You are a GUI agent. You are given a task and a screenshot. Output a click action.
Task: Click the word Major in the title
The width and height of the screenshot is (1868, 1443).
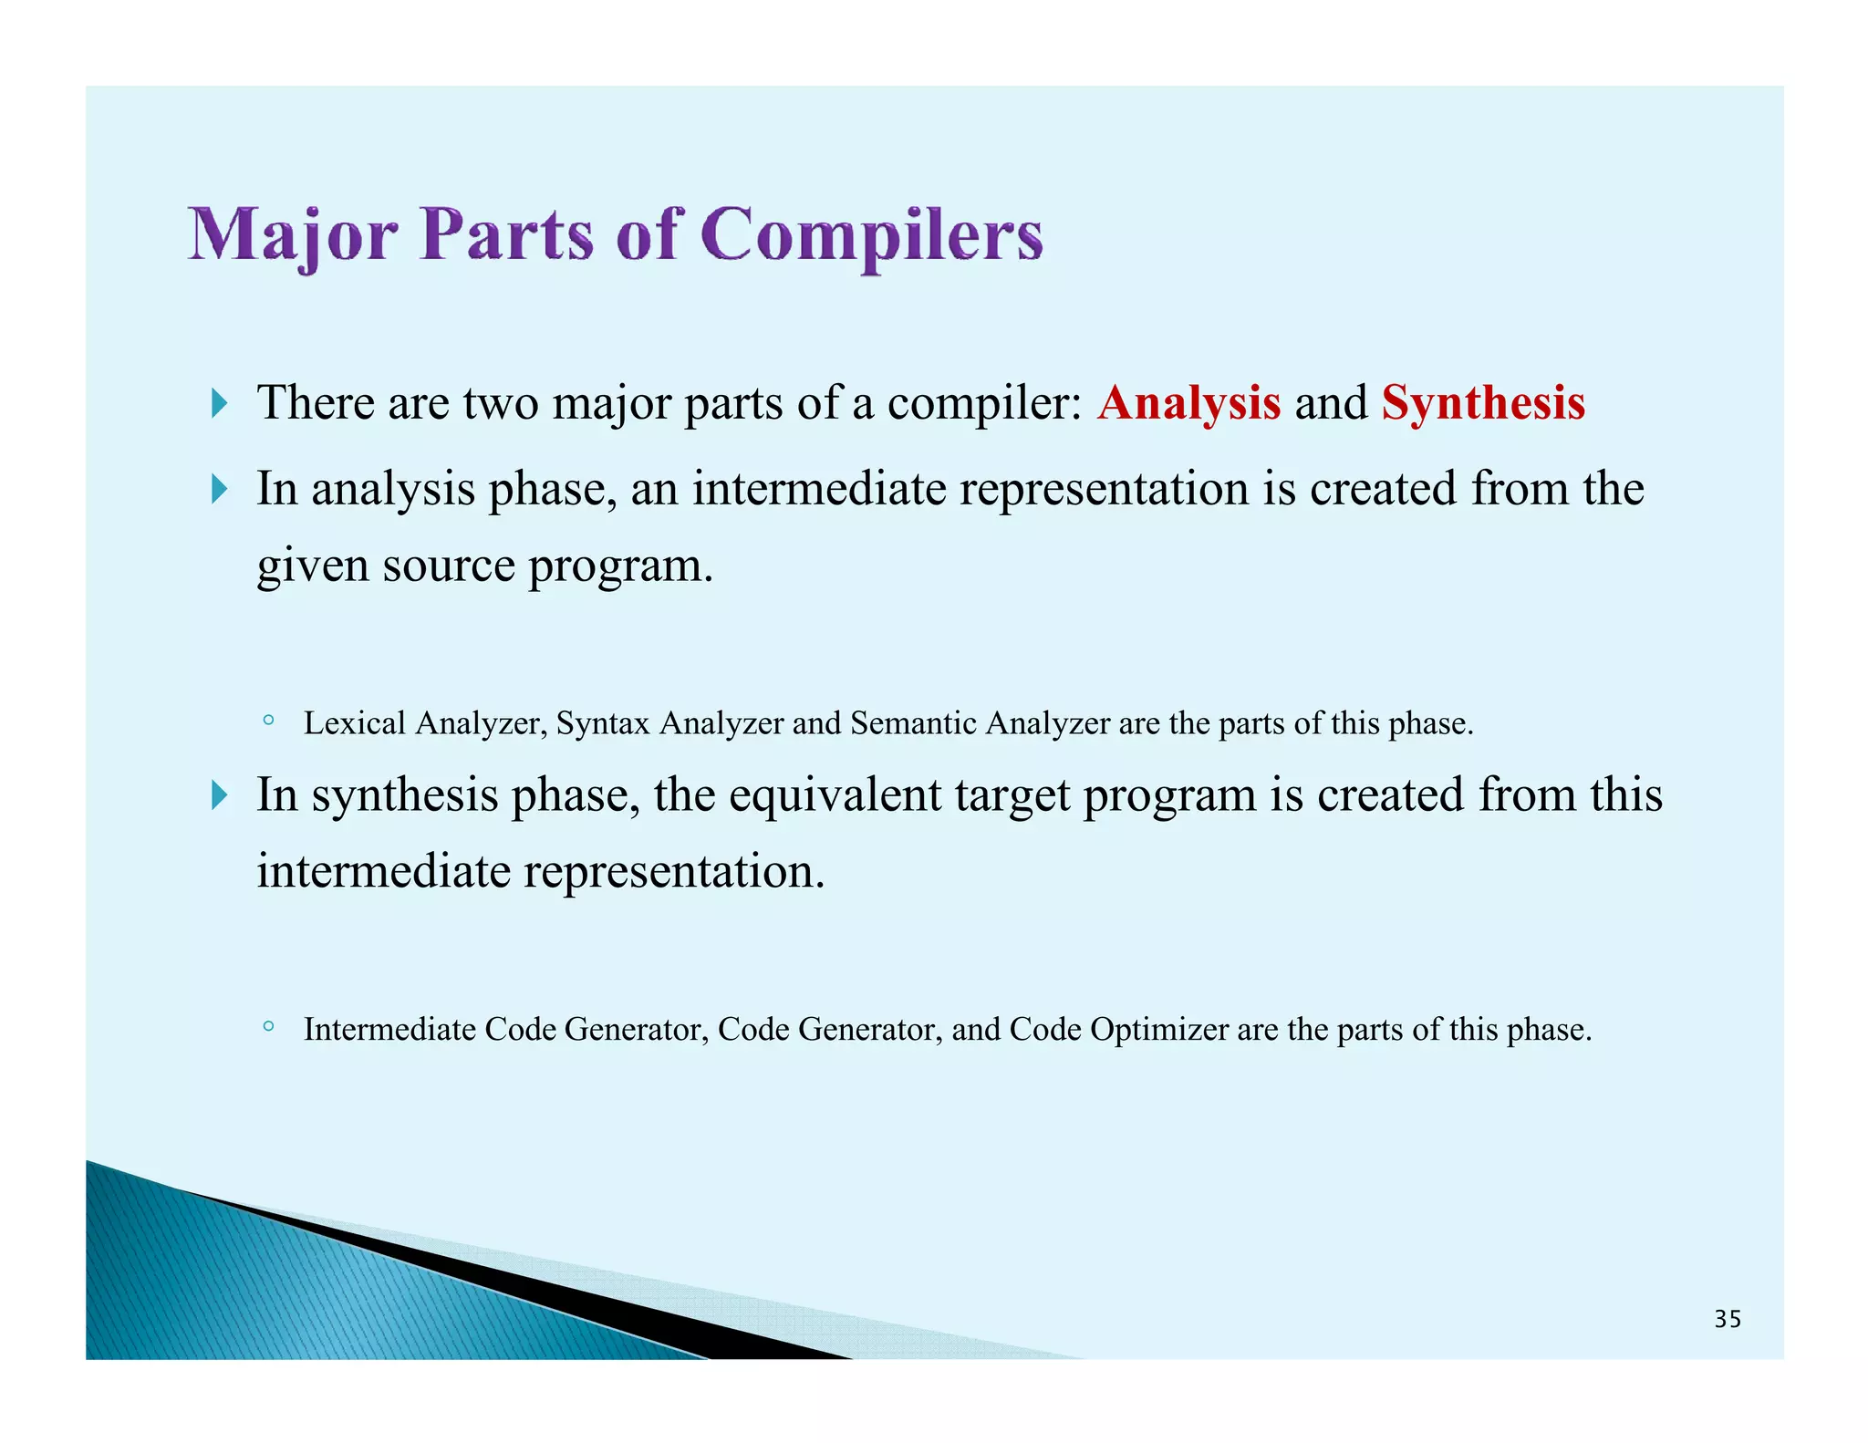coord(292,235)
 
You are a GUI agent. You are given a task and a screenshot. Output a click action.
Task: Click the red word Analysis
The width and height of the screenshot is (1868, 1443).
coord(1188,403)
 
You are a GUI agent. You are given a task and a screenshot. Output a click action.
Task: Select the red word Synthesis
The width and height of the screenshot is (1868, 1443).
coord(1483,403)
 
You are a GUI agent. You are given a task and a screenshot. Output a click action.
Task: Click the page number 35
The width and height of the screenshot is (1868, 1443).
coord(1728,1319)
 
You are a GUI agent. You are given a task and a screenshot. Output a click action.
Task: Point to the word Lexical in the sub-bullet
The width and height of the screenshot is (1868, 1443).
coord(354,723)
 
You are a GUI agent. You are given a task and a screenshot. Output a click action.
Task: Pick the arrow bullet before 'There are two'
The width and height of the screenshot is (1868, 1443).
coord(218,402)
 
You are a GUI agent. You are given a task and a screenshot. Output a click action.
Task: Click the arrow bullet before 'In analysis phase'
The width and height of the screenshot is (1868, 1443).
coord(218,489)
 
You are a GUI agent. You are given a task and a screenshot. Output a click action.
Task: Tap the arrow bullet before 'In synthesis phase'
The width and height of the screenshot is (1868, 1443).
coord(218,795)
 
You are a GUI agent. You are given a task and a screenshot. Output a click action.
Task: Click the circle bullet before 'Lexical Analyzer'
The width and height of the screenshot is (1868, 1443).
coord(267,721)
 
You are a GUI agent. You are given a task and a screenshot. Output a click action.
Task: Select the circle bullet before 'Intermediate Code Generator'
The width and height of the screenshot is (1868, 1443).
coord(267,1027)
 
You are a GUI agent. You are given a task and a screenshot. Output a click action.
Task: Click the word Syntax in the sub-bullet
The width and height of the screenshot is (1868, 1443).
coord(603,723)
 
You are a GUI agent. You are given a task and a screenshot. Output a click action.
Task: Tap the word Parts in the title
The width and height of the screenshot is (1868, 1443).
coord(506,235)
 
